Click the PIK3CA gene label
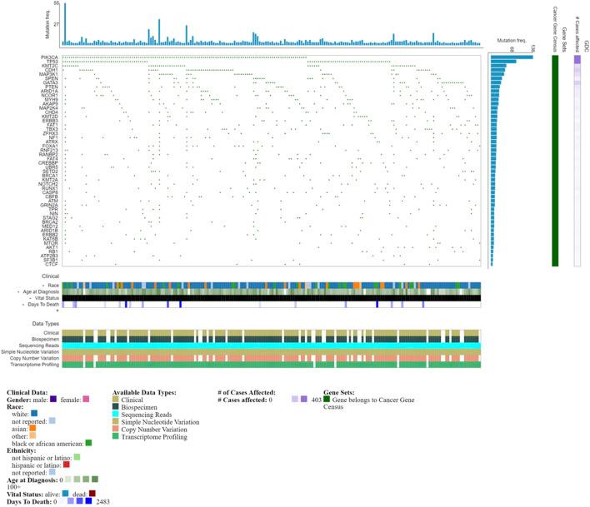pyautogui.click(x=48, y=57)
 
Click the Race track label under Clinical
pyautogui.click(x=52, y=286)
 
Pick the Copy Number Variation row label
pyautogui.click(x=32, y=358)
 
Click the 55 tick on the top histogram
pyautogui.click(x=56, y=4)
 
